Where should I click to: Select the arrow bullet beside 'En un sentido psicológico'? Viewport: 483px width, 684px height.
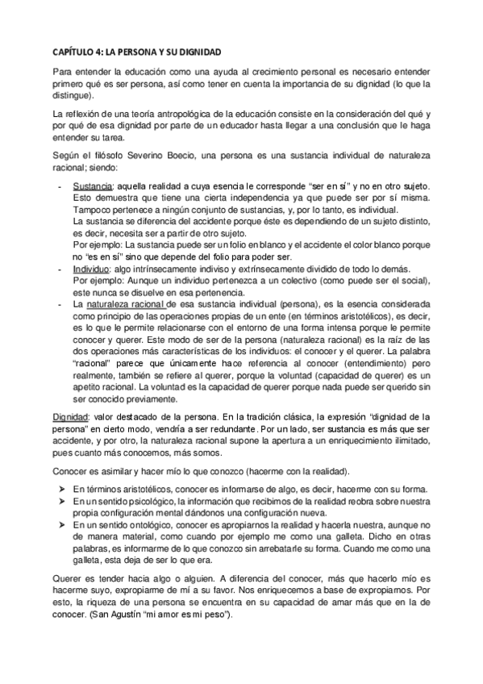point(60,502)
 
